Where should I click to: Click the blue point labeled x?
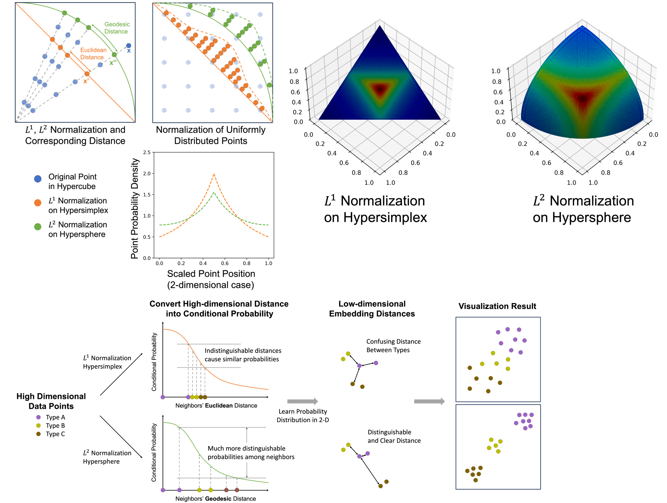pyautogui.click(x=128, y=46)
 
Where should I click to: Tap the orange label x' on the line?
pyautogui.click(x=86, y=81)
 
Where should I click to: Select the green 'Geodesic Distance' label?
pyautogui.click(x=117, y=28)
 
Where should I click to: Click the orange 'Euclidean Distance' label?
pyautogui.click(x=93, y=54)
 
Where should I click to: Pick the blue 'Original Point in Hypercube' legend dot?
pyautogui.click(x=38, y=179)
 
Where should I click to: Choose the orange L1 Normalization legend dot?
pyautogui.click(x=38, y=203)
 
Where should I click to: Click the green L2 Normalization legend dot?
pyautogui.click(x=38, y=227)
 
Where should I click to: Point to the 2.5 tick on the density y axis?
pyautogui.click(x=147, y=153)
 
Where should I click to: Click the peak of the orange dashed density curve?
pyautogui.click(x=214, y=174)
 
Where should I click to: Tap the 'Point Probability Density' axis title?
pyautogui.click(x=134, y=208)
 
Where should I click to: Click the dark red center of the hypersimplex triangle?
pyautogui.click(x=380, y=89)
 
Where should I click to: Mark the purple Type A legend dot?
pyautogui.click(x=38, y=417)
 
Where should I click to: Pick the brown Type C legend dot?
pyautogui.click(x=38, y=434)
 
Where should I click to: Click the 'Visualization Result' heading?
pyautogui.click(x=497, y=306)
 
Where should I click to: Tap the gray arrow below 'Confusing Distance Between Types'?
pyautogui.click(x=429, y=401)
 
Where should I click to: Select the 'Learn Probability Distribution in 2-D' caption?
pyautogui.click(x=302, y=416)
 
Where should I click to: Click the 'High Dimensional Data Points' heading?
pyautogui.click(x=51, y=401)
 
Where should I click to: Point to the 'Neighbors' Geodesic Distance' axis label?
pyautogui.click(x=215, y=498)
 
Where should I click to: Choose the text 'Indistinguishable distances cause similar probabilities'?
pyautogui.click(x=243, y=355)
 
